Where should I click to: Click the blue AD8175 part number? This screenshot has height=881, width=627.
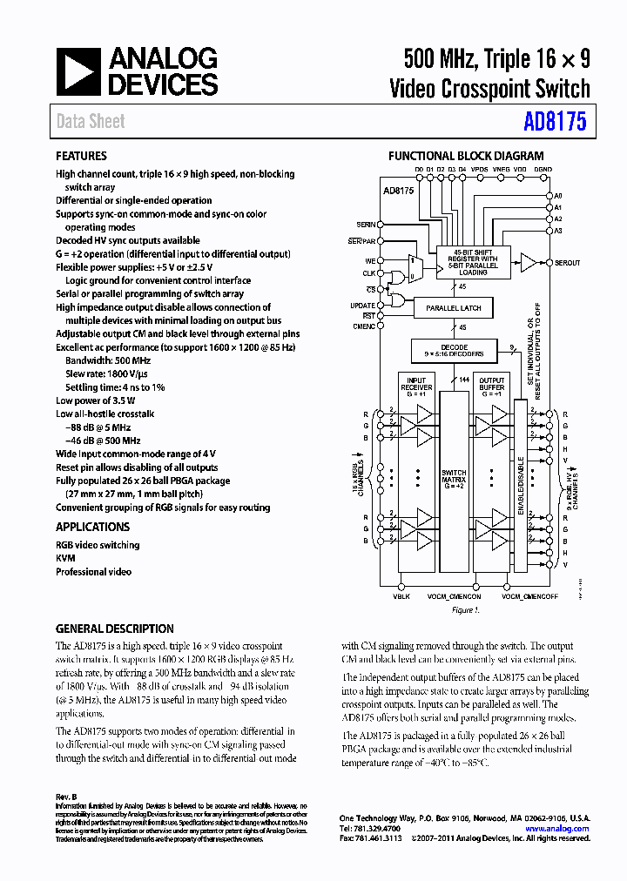coord(556,122)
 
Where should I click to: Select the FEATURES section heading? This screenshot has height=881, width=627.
coord(81,156)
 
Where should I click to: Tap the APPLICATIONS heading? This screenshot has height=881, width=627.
coord(92,527)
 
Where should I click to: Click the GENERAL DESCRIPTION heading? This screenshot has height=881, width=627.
coord(114,629)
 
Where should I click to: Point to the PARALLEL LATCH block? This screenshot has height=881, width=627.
coord(453,308)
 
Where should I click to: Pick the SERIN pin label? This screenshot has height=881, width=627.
coord(366,225)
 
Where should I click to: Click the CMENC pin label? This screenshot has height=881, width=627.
coord(364,326)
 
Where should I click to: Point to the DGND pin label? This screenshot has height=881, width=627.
coord(543,169)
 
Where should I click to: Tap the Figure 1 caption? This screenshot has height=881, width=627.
coord(464,610)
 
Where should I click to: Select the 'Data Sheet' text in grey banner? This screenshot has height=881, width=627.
coord(91,122)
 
